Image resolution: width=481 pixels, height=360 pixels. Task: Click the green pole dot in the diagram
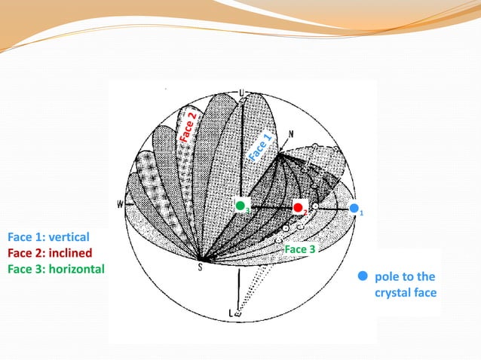point(240,205)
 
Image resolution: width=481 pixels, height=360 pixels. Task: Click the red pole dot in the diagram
point(299,206)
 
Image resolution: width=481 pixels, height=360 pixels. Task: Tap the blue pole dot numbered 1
point(354,207)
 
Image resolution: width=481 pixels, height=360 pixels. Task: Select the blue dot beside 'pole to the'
point(363,276)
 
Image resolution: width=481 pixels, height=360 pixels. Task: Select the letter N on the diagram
point(291,134)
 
